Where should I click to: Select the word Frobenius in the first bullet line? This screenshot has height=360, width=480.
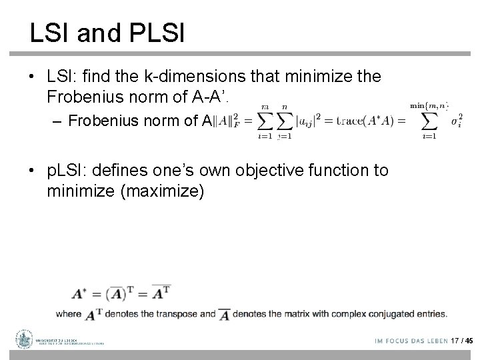click(87, 98)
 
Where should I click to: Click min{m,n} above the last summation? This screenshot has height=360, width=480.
click(428, 106)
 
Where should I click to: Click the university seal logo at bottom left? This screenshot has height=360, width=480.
click(25, 339)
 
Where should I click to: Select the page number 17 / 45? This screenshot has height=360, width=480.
click(461, 341)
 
